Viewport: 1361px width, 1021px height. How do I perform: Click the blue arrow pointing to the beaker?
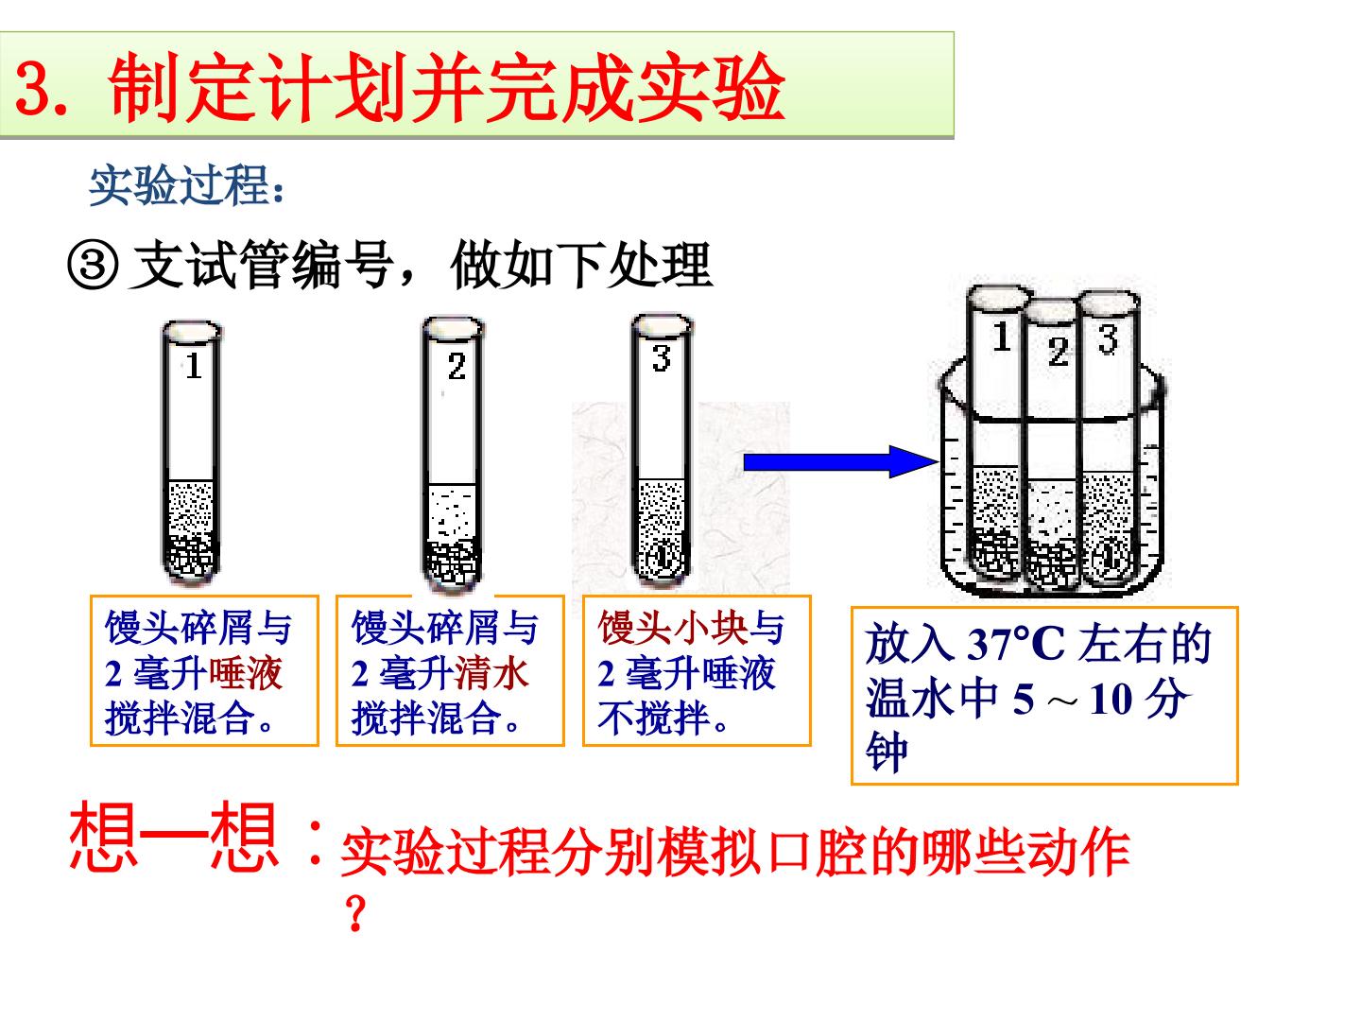tap(840, 462)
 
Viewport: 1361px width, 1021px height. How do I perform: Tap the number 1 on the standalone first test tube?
tap(194, 366)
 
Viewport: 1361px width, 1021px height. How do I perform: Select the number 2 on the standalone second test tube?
tap(457, 367)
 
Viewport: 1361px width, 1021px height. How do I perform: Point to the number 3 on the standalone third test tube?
tap(661, 357)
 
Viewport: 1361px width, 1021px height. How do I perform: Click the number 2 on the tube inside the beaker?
tap(1058, 352)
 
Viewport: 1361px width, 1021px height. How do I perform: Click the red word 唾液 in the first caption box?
tap(246, 673)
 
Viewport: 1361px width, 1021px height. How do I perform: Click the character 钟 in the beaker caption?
tap(887, 752)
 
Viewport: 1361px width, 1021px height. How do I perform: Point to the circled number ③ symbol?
tap(93, 266)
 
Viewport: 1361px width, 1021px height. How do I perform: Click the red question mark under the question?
tap(355, 914)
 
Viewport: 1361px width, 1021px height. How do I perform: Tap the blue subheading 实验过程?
tap(180, 185)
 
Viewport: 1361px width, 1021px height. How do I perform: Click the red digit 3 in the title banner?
tap(33, 88)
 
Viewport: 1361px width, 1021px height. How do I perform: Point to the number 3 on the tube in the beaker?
tap(1108, 339)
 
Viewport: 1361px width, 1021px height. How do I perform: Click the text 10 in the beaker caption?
tap(1110, 700)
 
